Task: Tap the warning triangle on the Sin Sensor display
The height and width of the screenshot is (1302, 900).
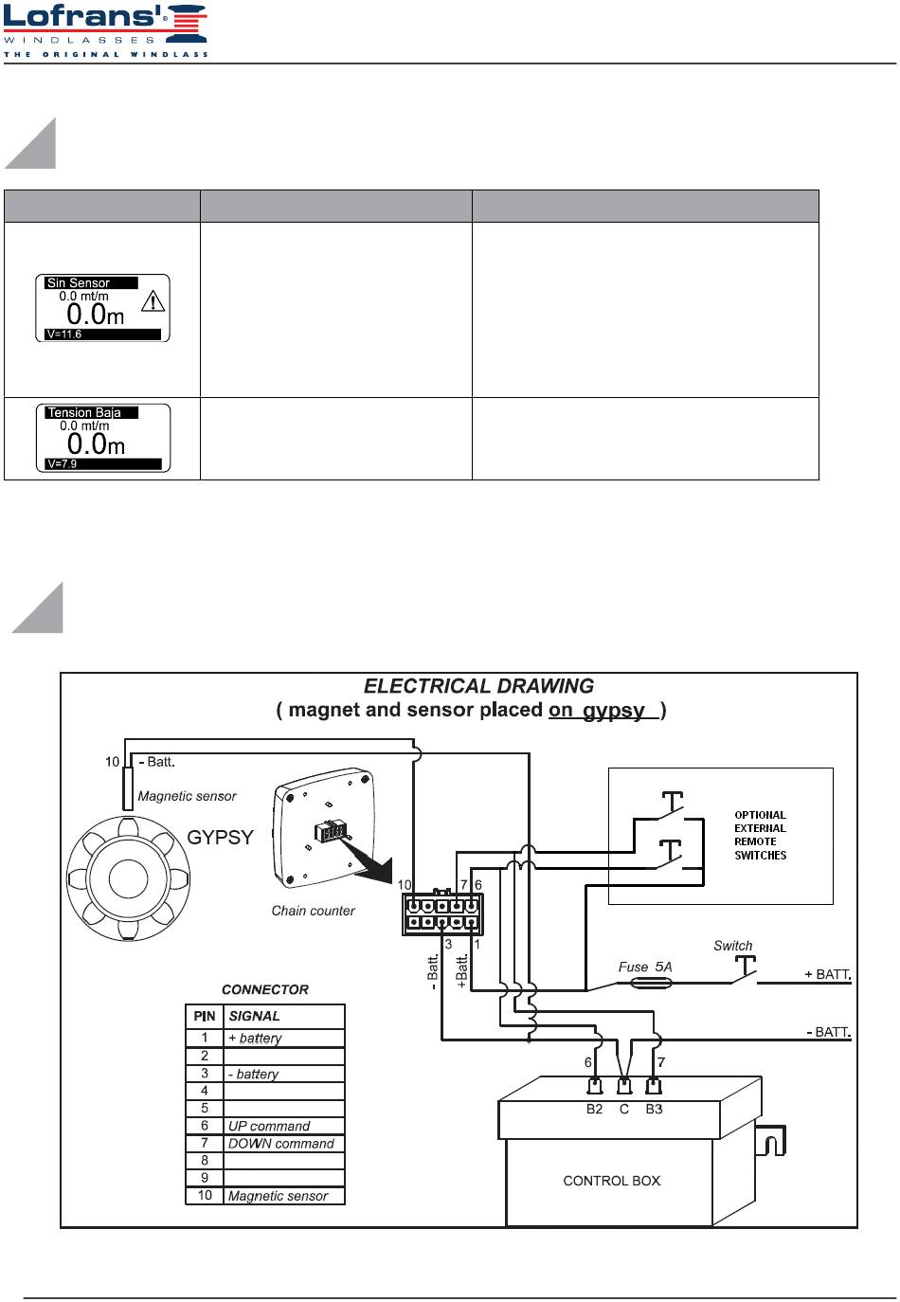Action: click(x=153, y=301)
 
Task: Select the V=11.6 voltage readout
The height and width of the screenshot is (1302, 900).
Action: click(x=63, y=335)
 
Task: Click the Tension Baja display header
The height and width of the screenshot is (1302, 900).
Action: click(x=84, y=413)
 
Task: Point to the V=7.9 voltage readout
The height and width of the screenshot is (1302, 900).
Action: click(x=63, y=463)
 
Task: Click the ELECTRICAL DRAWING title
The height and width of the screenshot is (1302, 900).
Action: click(x=478, y=686)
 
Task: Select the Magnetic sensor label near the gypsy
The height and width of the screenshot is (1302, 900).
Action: click(x=187, y=796)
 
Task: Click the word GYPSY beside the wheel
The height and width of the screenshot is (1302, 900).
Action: click(x=220, y=838)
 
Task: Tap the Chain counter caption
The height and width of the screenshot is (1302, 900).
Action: click(x=314, y=911)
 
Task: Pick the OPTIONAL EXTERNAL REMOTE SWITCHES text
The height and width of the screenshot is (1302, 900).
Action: click(x=760, y=835)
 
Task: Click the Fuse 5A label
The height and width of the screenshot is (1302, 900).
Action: click(x=645, y=967)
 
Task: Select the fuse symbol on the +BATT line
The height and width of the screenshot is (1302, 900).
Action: click(x=651, y=984)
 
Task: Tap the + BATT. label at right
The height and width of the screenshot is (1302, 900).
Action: click(x=827, y=974)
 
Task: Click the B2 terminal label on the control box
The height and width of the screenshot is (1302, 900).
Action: click(x=594, y=1109)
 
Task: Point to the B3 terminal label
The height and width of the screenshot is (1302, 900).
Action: click(x=655, y=1109)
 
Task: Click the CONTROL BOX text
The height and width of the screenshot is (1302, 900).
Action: click(x=612, y=1181)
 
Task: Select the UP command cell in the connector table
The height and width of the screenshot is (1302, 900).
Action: click(x=269, y=1126)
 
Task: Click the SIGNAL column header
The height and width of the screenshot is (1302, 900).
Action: click(x=254, y=1016)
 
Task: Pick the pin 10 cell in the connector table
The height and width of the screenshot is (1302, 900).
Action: click(x=205, y=1195)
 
